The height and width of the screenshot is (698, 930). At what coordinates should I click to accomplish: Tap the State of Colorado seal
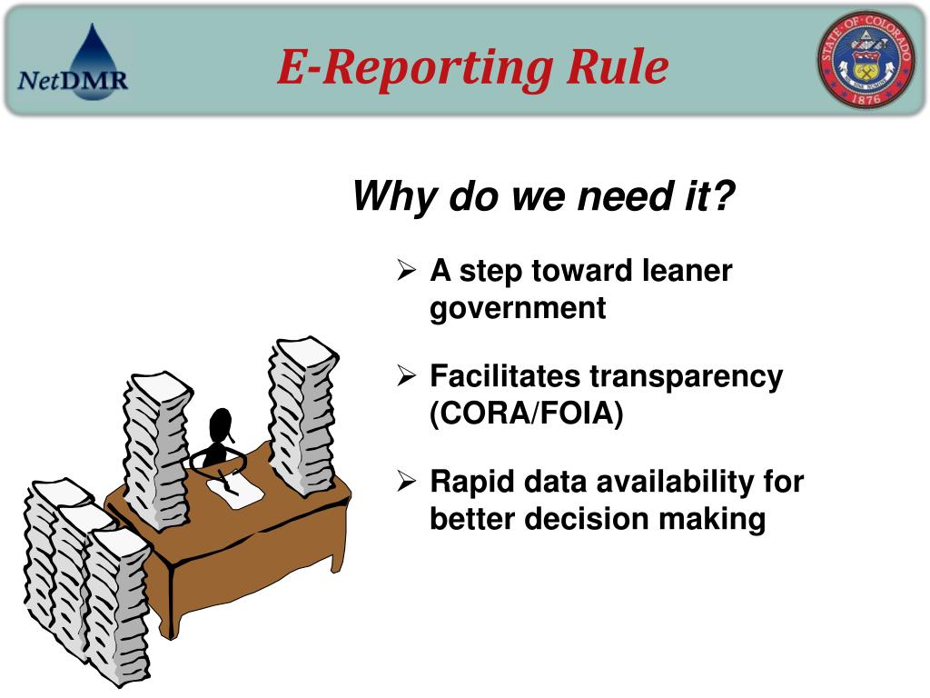tap(866, 61)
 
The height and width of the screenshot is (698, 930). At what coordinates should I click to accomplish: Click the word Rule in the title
tap(619, 67)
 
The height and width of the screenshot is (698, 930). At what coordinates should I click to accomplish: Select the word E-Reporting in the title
tap(416, 69)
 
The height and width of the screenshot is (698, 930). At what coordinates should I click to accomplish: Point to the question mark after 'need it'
tap(723, 195)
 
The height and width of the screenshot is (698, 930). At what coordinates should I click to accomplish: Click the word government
tap(518, 308)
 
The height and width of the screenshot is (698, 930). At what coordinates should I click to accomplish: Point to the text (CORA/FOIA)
tap(527, 414)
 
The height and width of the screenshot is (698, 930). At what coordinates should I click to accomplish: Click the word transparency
tap(686, 376)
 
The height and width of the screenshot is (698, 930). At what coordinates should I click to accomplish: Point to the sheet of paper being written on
tap(234, 491)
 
